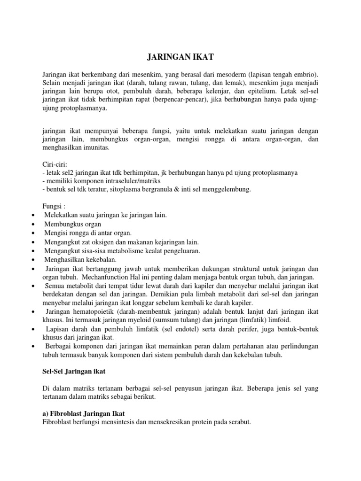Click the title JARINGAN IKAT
coord(180,57)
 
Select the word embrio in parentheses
coord(306,74)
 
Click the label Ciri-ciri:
coord(55,164)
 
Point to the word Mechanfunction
coord(111,277)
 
